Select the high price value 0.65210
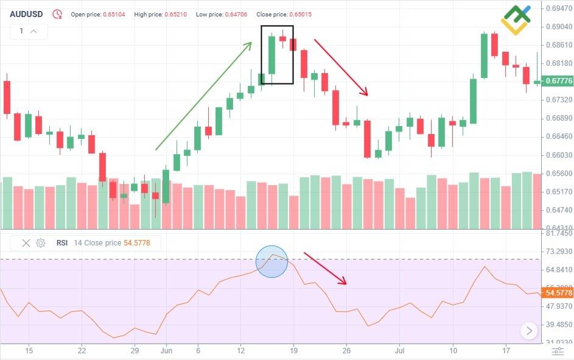175,14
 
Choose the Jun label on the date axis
167,351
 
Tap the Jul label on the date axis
400,351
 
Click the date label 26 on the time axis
346,351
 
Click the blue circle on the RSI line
271,262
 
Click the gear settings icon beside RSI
41,243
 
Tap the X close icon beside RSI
26,243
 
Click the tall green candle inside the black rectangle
271,55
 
